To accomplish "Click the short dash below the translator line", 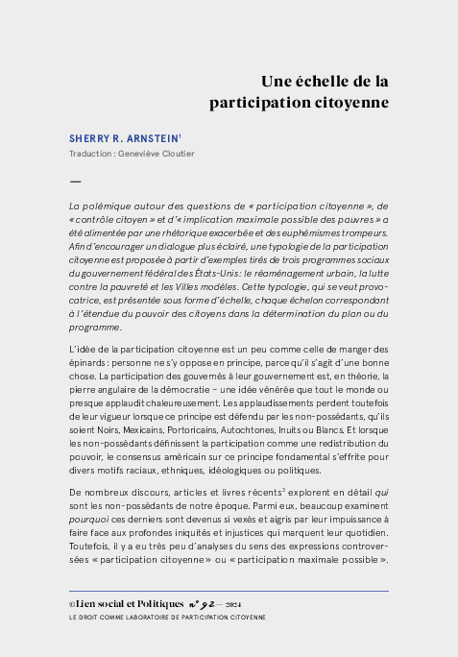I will tap(75, 181).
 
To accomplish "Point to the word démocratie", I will tap(218, 390).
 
